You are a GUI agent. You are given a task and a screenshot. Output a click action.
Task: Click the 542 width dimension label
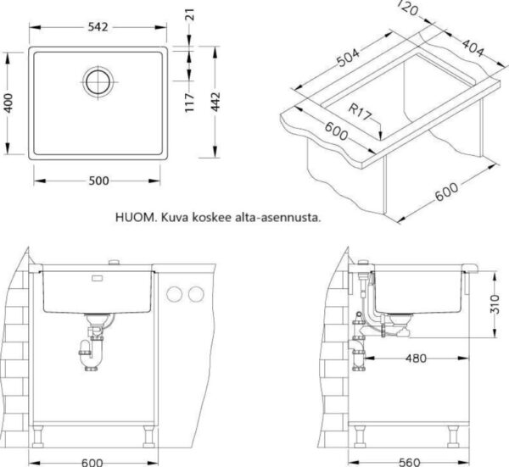click(x=98, y=27)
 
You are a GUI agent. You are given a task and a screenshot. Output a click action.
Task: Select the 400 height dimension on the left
click(x=8, y=103)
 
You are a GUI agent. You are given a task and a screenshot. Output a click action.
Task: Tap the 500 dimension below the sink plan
click(x=98, y=181)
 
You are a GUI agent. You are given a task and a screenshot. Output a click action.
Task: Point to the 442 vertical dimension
click(x=215, y=102)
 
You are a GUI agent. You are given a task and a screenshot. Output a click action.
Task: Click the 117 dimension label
click(x=189, y=103)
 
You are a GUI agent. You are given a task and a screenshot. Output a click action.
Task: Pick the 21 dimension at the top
click(x=191, y=14)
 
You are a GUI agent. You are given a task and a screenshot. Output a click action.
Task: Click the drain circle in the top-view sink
click(x=98, y=81)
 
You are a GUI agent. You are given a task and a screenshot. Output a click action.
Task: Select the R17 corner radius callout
click(x=360, y=111)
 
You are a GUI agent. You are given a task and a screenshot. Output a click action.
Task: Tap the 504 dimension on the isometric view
click(x=349, y=58)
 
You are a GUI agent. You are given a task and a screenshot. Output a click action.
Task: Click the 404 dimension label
click(x=473, y=48)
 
